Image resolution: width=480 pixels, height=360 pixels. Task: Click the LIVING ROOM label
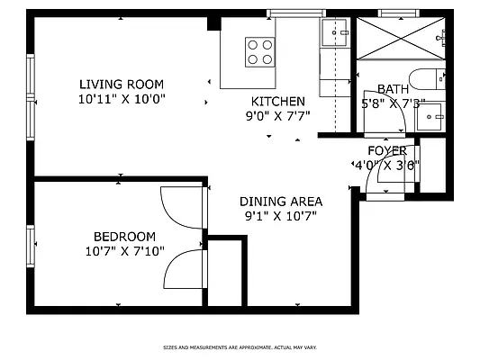pos(122,83)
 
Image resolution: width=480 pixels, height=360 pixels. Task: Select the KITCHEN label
pos(277,101)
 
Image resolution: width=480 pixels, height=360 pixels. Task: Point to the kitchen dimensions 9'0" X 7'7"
pos(277,116)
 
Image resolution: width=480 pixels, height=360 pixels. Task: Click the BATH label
pos(392,88)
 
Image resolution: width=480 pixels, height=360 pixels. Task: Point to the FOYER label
pos(387,150)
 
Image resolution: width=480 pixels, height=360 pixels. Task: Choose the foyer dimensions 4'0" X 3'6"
pos(385,165)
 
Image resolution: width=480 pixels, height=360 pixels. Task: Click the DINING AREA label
pos(280,202)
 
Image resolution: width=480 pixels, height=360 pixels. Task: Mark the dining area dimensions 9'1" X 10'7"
pos(280,216)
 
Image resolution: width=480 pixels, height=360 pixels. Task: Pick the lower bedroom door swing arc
pos(186,268)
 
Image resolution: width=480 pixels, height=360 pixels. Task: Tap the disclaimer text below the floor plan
pos(240,346)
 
